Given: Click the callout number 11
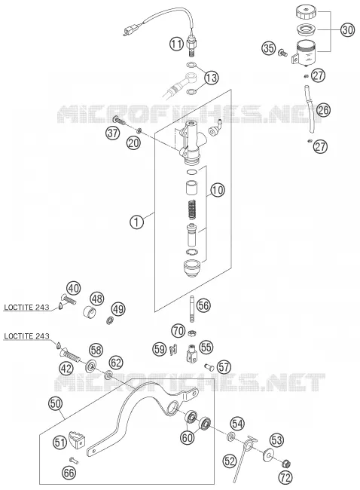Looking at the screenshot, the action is coord(177,44).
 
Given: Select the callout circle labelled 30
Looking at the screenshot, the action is coord(347,30).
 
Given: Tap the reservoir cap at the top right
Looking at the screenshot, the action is coord(306,13).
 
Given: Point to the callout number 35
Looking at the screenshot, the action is coord(269,48).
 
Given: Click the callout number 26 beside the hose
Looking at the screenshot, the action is coord(323,110).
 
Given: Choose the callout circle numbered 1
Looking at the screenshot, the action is coord(136,222).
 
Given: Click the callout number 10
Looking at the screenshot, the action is coord(218,190).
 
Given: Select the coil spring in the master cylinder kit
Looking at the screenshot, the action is coord(192,210).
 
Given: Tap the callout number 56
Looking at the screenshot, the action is coord(203,305).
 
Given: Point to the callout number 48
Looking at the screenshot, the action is coord(97,299).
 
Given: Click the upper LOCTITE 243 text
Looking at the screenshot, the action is coord(26,307).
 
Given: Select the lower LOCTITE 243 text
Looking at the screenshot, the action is coord(26,336).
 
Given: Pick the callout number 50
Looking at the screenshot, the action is coord(56,404).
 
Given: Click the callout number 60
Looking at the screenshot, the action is coord(188,437).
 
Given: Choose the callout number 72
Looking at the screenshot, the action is coord(285,477).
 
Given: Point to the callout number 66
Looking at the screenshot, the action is coord(69,473).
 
